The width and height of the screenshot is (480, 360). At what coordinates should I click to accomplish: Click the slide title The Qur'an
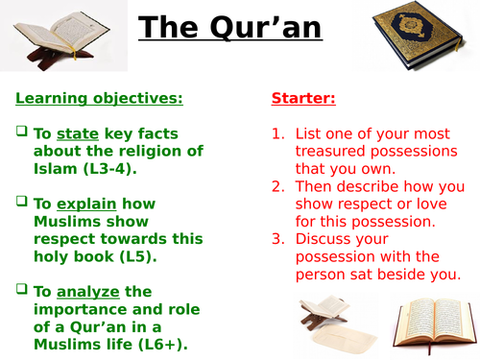(229, 29)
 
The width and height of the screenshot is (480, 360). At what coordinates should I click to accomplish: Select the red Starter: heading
(304, 98)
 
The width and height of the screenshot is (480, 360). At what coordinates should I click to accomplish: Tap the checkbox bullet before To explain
(21, 203)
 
